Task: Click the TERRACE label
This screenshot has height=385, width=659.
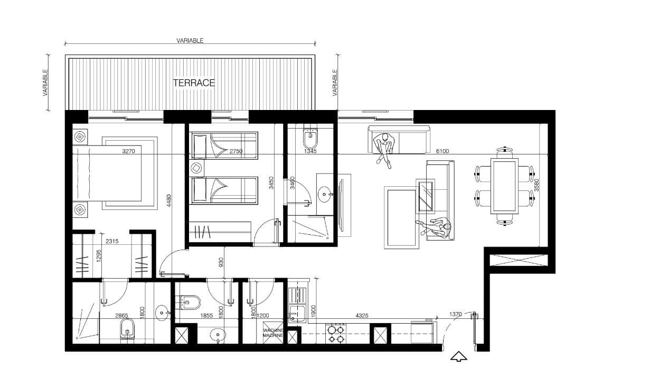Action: pos(194,83)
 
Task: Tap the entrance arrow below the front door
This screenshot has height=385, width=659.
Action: pos(459,356)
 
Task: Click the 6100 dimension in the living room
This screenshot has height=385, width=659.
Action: pos(442,151)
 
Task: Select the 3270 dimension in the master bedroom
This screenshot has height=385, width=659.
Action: pos(128,151)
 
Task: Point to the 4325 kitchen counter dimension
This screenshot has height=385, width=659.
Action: pos(362,316)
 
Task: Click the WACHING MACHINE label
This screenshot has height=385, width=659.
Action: pos(273,333)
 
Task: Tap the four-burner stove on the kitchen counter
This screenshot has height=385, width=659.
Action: pos(336,334)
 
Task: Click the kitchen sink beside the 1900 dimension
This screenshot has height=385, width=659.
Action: pos(297,314)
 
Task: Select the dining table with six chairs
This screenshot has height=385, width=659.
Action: pos(505,186)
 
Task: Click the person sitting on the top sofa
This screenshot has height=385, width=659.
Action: pos(384,150)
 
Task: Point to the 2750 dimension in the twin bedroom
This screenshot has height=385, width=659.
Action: pos(236,151)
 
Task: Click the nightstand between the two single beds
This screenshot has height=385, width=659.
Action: pos(196,168)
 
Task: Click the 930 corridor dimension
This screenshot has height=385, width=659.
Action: pos(221,262)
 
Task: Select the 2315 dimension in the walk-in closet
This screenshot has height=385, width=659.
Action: pos(112,241)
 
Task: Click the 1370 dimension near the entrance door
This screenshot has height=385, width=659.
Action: pos(455,314)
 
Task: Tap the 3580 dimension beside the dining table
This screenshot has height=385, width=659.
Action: pos(536,185)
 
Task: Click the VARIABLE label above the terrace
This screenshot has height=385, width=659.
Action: pos(190,40)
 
